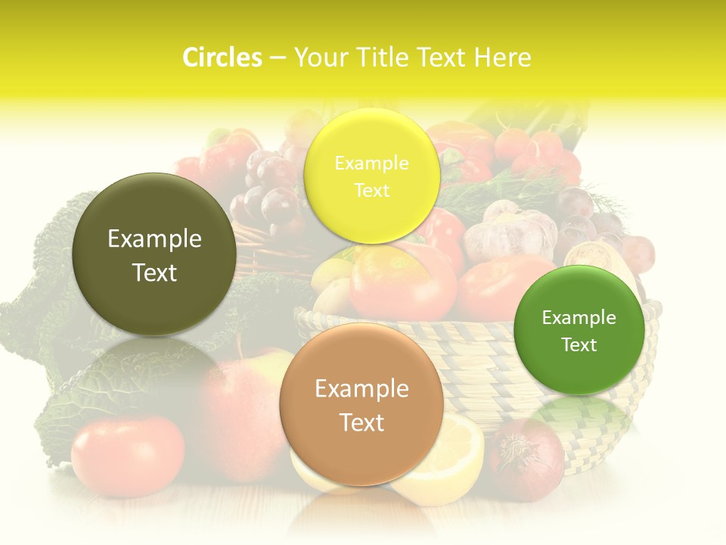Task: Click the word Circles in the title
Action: pos(222,58)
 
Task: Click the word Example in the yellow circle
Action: pos(371,163)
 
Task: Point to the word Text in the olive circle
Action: pos(154,272)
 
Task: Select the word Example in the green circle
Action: pos(579,317)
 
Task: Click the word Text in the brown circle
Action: pos(361,422)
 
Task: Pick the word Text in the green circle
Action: pos(579,344)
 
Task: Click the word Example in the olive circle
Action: pos(154,239)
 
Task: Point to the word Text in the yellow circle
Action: pos(371,190)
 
